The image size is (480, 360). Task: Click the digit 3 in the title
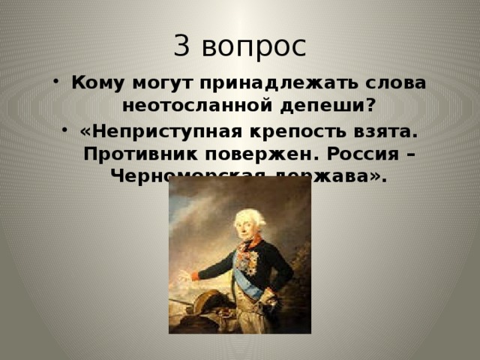[183, 46]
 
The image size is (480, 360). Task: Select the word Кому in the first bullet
[94, 82]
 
